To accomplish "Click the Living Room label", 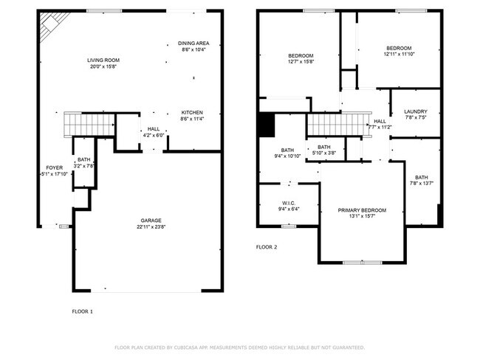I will click(x=103, y=60).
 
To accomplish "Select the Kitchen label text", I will click(x=192, y=113).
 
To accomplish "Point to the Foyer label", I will click(x=54, y=168).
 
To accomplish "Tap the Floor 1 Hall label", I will click(x=153, y=129).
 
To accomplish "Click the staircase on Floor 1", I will click(x=86, y=124).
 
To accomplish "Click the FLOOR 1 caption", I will click(x=82, y=312).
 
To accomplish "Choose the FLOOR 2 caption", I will click(x=266, y=247).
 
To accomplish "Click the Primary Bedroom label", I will click(x=363, y=210).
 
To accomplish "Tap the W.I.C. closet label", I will click(x=289, y=203).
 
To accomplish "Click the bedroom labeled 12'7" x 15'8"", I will click(x=301, y=56).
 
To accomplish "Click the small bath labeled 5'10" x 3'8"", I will click(x=324, y=148).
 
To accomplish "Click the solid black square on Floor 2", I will click(x=267, y=126).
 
